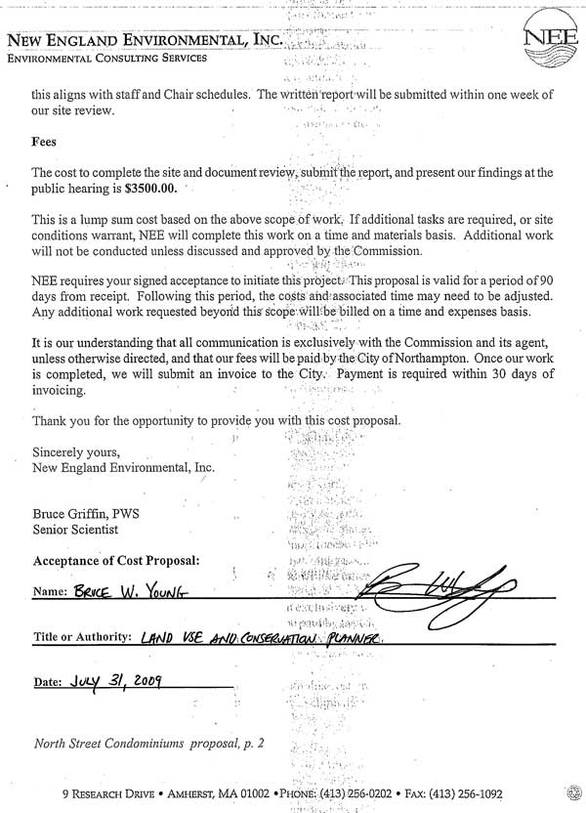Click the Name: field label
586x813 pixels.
(x=49, y=592)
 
